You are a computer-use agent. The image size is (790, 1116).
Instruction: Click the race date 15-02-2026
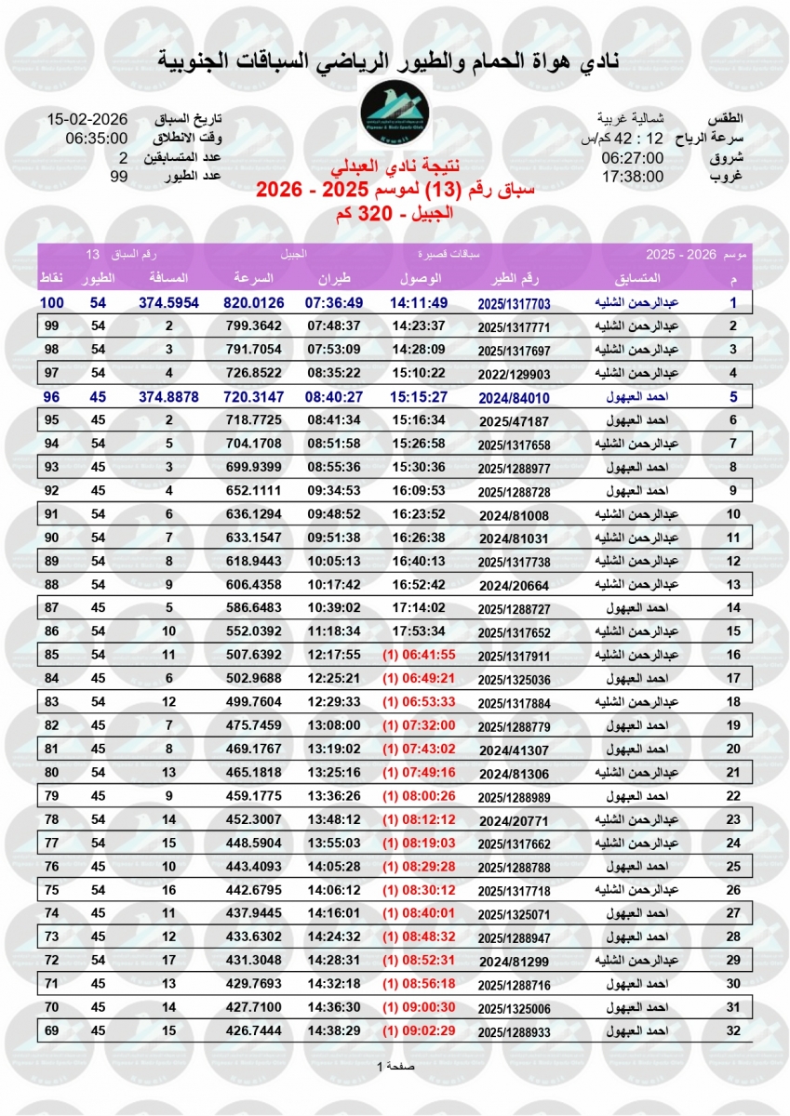coord(87,120)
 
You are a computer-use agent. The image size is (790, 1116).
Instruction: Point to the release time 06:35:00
coord(96,139)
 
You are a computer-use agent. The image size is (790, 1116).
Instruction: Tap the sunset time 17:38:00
coord(632,175)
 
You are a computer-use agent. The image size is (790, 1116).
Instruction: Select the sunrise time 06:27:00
coord(632,157)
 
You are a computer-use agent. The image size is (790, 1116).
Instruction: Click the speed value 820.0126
coord(254,303)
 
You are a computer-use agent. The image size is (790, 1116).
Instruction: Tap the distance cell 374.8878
coord(168,395)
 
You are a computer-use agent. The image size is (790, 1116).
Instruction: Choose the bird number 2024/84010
coord(515,395)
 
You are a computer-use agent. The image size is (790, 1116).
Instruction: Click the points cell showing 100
coord(51,303)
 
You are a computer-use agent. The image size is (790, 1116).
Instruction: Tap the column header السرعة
coord(252,279)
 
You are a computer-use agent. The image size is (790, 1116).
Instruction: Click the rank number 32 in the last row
coord(732,1030)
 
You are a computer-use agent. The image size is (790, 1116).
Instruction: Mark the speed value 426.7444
coord(254,1030)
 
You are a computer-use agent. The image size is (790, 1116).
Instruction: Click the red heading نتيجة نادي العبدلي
coord(395,168)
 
